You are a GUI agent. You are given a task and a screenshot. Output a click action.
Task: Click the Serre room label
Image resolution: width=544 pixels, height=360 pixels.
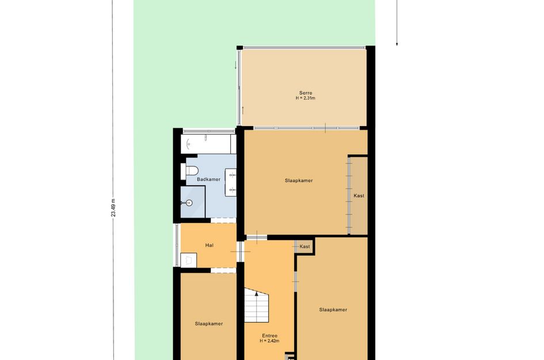(306, 93)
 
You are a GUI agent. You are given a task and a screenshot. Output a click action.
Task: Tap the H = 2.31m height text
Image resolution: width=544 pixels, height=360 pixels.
(306, 98)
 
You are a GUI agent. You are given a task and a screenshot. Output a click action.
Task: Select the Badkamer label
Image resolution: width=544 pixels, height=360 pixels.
(208, 179)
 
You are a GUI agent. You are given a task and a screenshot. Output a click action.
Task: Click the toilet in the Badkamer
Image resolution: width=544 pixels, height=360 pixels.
(189, 171)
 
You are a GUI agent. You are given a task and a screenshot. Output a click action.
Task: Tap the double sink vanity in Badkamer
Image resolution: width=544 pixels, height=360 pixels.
(231, 182)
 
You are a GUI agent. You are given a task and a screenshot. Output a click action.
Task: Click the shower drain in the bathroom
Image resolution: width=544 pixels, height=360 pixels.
(189, 203)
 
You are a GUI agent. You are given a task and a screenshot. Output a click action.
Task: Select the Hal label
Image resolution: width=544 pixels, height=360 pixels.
(209, 245)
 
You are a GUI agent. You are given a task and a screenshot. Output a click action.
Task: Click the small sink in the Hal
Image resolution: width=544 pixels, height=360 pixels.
(188, 260)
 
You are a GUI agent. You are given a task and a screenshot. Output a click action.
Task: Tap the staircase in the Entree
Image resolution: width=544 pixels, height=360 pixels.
(257, 305)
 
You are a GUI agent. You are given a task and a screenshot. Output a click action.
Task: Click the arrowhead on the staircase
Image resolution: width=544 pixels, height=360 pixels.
(257, 294)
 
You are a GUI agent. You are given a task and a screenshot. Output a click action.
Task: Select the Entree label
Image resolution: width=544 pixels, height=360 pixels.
(269, 336)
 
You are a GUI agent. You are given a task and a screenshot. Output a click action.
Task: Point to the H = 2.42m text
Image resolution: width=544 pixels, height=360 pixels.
(269, 341)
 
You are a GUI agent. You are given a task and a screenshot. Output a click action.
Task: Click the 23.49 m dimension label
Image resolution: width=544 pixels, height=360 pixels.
(113, 207)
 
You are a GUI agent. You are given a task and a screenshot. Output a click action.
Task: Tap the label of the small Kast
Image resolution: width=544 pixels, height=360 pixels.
(305, 247)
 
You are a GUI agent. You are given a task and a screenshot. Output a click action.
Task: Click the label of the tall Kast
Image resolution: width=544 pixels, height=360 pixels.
(359, 195)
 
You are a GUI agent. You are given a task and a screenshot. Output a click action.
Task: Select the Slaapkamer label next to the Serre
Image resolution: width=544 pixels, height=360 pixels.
(299, 180)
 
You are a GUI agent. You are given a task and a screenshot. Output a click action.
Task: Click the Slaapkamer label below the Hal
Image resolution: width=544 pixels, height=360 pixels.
(209, 324)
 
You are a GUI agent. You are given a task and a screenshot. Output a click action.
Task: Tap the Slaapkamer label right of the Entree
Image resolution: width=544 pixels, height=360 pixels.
(333, 310)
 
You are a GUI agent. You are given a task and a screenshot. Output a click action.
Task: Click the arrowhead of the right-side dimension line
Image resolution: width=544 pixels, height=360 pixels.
(397, 44)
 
